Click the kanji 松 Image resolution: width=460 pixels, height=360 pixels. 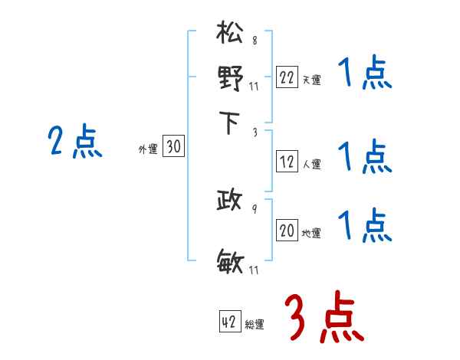[231, 35]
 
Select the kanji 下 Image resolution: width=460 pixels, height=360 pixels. [231, 123]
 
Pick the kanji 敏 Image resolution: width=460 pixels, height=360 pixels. [231, 263]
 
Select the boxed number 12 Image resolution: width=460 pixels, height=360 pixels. [287, 162]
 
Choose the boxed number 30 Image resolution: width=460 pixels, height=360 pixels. [174, 148]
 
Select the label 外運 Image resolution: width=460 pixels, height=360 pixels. [148, 150]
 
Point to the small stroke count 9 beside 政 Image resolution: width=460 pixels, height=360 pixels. [255, 208]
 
